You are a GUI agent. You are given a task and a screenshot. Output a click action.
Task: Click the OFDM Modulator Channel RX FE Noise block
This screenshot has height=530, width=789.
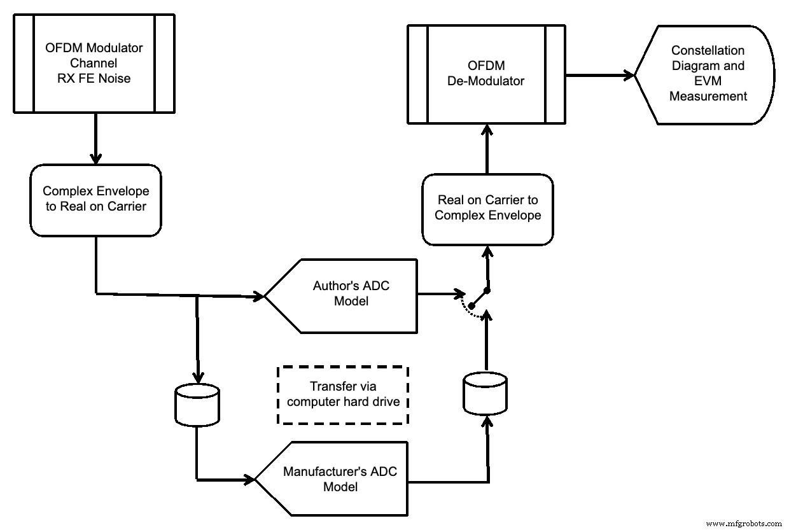pos(94,64)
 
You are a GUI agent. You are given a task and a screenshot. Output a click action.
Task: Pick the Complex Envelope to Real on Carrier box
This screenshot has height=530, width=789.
pos(95,199)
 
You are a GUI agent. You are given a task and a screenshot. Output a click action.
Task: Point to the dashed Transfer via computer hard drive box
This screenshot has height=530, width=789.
pos(342,394)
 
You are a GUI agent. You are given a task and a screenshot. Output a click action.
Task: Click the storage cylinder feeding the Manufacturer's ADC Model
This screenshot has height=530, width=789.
pos(197,405)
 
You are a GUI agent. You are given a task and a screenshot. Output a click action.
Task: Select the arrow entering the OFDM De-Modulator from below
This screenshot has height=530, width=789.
pos(487,150)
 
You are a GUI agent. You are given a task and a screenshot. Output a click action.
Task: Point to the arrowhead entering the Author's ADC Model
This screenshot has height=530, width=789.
pos(258,296)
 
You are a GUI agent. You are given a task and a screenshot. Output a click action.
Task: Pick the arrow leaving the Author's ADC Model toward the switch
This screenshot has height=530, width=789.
pos(439,295)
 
